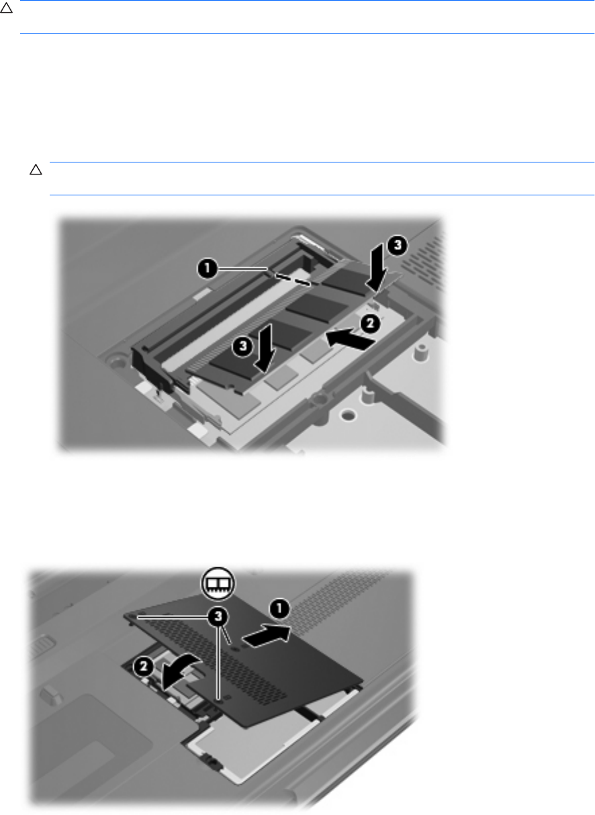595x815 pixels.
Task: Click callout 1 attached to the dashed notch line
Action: [207, 269]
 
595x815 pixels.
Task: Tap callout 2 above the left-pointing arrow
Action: [370, 324]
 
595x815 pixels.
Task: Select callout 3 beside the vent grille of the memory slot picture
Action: [397, 246]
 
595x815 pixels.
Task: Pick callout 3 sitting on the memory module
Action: [242, 346]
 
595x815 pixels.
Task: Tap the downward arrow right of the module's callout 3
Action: [267, 348]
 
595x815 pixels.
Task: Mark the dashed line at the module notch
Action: [293, 279]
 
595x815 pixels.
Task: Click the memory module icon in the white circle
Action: [218, 583]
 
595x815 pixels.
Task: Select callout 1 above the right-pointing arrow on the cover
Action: [279, 609]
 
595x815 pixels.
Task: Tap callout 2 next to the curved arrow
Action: [144, 667]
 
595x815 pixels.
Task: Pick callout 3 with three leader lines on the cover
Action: [218, 616]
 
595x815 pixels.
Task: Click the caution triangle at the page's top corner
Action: [6, 8]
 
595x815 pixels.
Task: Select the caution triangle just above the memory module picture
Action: [36, 170]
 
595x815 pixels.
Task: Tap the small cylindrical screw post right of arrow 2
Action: [420, 352]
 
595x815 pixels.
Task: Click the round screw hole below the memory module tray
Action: [348, 415]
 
